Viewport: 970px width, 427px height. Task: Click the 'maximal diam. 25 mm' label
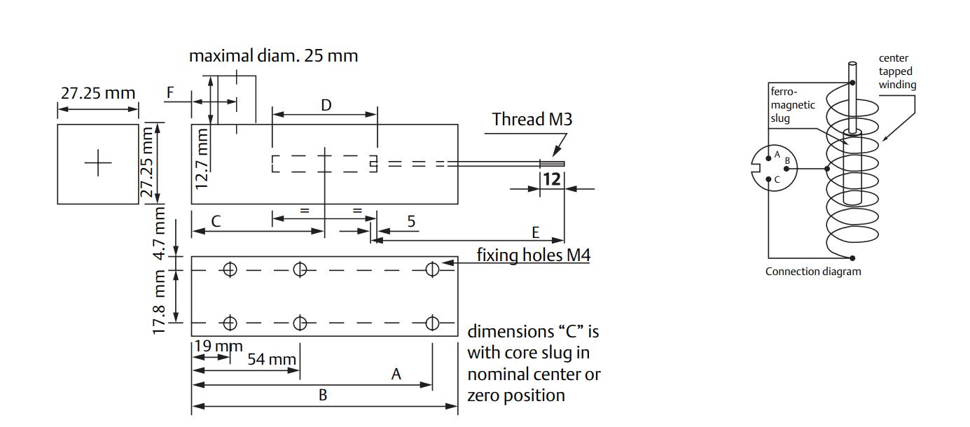click(273, 56)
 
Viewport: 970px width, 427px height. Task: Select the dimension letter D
click(326, 106)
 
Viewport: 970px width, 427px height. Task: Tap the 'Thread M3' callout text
click(532, 120)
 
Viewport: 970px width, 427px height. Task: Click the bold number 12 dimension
click(552, 179)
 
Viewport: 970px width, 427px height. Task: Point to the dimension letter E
click(536, 232)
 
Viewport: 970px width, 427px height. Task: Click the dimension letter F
click(170, 92)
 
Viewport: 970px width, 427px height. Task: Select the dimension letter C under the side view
click(216, 222)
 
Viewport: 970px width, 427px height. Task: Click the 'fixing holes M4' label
click(533, 255)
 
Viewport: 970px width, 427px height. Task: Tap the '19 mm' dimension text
click(219, 346)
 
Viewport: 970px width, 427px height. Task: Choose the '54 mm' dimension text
click(272, 359)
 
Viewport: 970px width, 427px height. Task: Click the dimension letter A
click(396, 374)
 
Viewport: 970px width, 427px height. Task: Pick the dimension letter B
click(323, 395)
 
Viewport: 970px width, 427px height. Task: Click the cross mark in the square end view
click(98, 164)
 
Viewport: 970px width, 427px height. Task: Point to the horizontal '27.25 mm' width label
click(97, 93)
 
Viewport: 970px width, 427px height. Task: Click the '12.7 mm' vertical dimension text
click(202, 158)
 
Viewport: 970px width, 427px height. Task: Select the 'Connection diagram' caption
click(813, 272)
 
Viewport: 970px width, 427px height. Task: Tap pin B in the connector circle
click(787, 169)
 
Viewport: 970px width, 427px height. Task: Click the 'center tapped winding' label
click(897, 71)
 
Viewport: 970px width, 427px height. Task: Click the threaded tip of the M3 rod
click(552, 164)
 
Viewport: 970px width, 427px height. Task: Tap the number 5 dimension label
click(411, 222)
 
